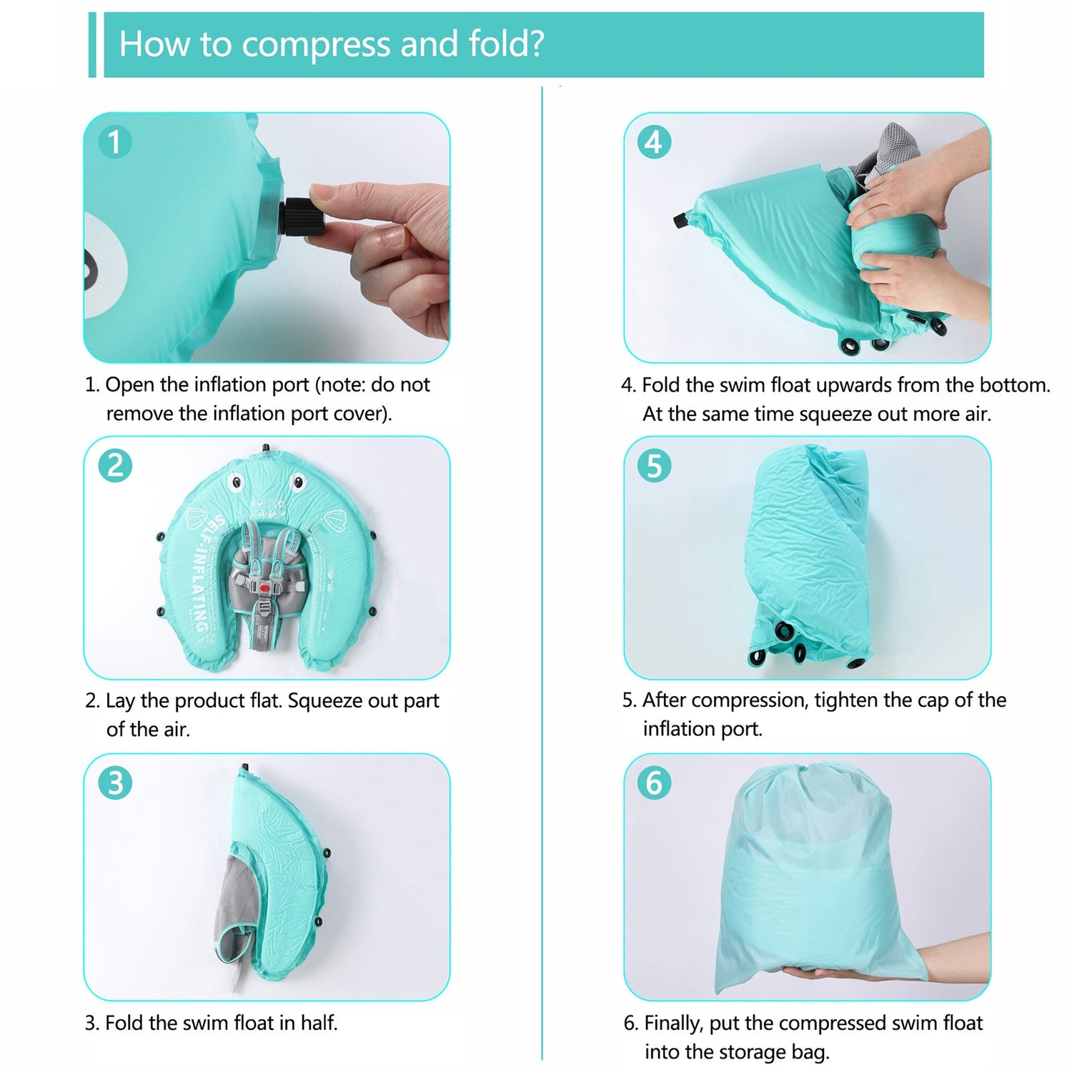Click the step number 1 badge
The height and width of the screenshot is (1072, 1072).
114,142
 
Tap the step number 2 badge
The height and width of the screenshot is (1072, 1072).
115,466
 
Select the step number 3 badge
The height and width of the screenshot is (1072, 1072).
115,783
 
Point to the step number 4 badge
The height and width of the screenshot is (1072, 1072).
654,142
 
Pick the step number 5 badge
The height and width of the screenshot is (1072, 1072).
654,466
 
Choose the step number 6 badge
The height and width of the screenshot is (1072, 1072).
654,783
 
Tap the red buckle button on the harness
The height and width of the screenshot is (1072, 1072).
265,588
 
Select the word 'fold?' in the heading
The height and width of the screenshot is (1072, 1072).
506,44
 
